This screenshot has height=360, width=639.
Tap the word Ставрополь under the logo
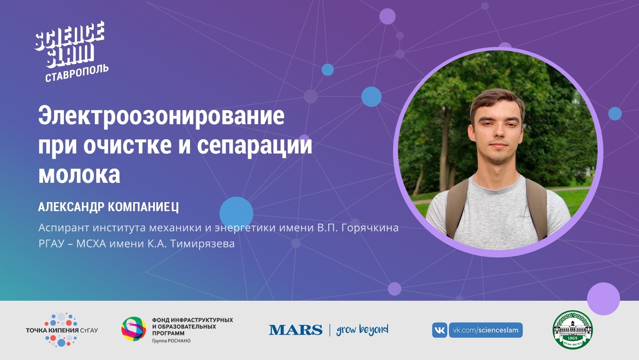[77, 73]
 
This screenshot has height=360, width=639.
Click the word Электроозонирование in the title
[161, 116]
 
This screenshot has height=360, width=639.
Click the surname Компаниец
[143, 207]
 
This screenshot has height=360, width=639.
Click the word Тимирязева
[202, 244]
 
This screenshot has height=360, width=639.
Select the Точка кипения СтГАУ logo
[62, 330]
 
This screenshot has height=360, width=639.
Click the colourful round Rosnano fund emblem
[134, 329]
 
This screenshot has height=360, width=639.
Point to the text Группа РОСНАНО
[171, 341]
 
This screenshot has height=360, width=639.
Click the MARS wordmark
[296, 330]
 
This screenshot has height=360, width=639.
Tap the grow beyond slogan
[362, 330]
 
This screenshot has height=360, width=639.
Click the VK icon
[439, 331]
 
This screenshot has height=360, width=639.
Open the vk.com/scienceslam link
[486, 331]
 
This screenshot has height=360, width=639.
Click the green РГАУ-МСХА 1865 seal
[573, 330]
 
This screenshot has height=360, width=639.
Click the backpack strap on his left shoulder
[537, 208]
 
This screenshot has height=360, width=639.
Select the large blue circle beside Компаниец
[236, 213]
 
